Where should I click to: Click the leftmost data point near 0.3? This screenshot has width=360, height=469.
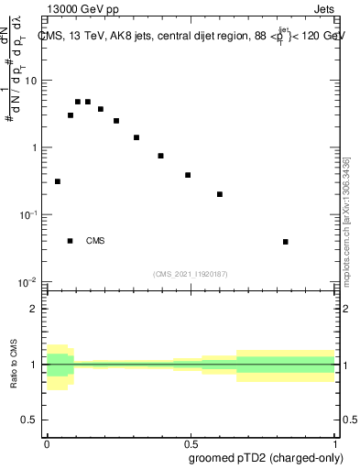click(x=58, y=181)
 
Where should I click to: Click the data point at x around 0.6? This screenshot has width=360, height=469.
click(x=220, y=194)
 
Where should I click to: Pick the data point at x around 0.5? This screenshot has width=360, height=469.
click(x=188, y=175)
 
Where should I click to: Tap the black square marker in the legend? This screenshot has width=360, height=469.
click(x=71, y=241)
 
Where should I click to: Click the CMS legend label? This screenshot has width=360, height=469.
click(x=95, y=241)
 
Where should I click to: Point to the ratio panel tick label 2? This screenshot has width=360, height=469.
click(x=35, y=309)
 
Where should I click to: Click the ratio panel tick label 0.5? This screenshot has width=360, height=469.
click(x=30, y=420)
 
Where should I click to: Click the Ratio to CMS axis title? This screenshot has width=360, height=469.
click(x=15, y=364)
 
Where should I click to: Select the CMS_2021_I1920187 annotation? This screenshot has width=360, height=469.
click(x=190, y=272)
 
